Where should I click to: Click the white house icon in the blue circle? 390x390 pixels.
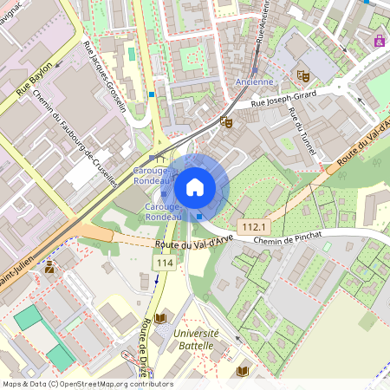(x=195, y=185)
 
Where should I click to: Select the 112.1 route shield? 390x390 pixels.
(x=254, y=226)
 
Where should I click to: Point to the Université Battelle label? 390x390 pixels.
(x=196, y=339)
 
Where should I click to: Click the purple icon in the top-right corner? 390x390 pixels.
(x=379, y=40)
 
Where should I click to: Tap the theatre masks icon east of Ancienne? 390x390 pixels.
(x=302, y=75)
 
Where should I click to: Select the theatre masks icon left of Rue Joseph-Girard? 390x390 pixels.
(x=226, y=122)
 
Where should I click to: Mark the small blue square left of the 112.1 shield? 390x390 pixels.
(x=200, y=217)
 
